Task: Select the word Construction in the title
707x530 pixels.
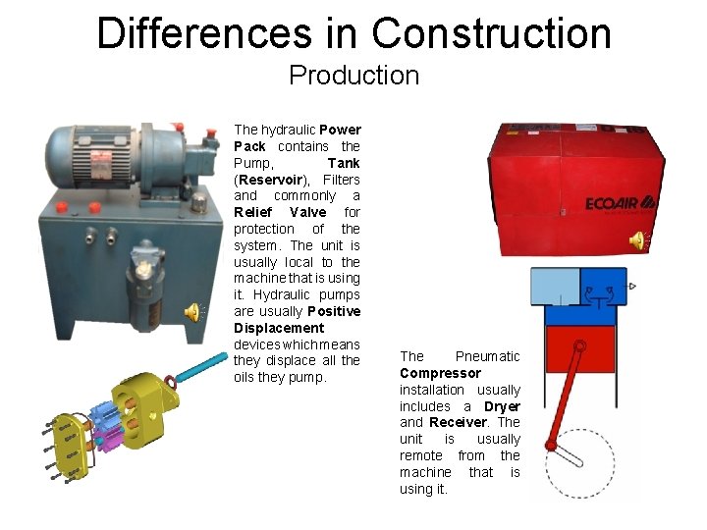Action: (491, 33)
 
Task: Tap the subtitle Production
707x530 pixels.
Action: (353, 76)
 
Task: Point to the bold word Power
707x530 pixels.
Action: (340, 130)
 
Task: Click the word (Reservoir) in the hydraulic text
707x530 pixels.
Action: (265, 180)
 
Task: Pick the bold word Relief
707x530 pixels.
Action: (252, 212)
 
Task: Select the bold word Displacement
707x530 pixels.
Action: (279, 328)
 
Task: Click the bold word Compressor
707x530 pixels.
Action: (440, 373)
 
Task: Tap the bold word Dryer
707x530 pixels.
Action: (502, 406)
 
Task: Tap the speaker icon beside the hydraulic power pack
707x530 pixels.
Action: (193, 312)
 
